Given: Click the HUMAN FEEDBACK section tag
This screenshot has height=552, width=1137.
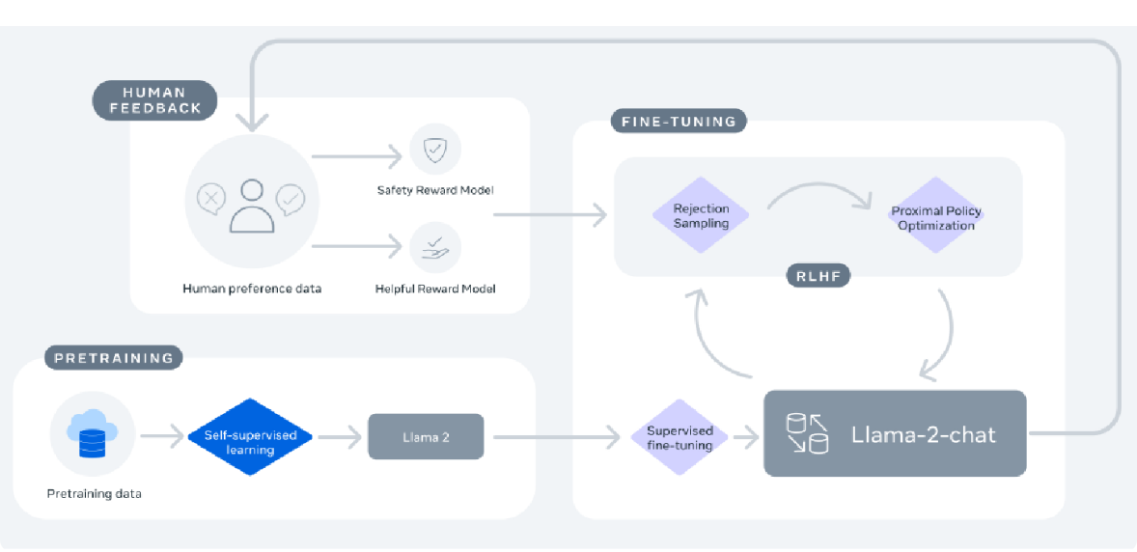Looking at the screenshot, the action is (154, 100).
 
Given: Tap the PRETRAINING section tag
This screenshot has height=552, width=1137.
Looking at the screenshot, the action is (112, 358).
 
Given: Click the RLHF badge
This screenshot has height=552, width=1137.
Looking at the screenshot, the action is (818, 275).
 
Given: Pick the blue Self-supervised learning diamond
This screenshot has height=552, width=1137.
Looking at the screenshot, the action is (249, 436).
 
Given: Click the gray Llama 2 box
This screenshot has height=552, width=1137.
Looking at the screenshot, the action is (426, 436).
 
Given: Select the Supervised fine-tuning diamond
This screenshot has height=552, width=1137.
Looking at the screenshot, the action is (679, 437).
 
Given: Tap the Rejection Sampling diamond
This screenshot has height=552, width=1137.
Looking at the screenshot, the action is (701, 214).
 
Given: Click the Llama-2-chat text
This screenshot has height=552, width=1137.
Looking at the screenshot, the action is (923, 434).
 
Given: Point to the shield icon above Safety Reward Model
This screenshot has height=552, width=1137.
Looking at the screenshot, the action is (435, 151).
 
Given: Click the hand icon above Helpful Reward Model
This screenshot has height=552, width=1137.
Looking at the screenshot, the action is (435, 247).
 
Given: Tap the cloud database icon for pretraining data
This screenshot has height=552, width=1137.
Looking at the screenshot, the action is (92, 433).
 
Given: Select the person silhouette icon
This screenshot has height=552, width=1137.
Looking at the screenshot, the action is (252, 206).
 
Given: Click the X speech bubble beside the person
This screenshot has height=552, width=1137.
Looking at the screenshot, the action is (210, 197).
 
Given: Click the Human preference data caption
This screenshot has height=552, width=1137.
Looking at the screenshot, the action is (252, 288).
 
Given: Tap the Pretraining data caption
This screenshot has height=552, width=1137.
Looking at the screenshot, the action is (95, 495).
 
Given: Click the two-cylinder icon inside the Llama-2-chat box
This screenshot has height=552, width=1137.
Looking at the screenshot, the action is (807, 433).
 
